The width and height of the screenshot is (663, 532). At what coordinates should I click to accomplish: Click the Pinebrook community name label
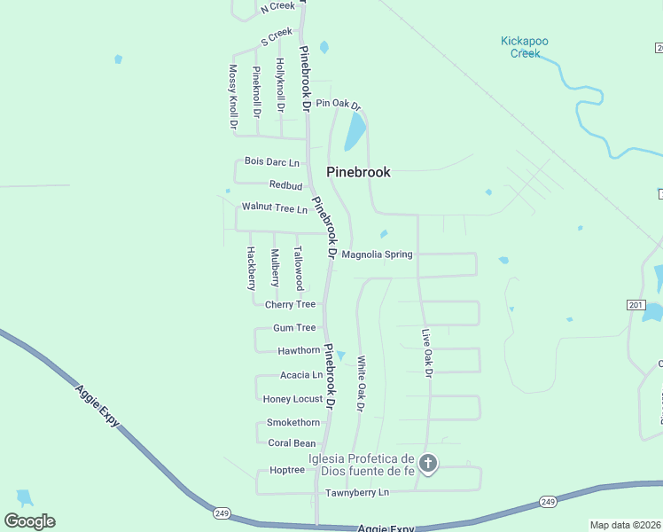358,172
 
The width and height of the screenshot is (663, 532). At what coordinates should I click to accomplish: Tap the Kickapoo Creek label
526,46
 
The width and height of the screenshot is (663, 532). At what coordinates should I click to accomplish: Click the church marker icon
428,463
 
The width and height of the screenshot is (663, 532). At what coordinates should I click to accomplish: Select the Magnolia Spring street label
377,254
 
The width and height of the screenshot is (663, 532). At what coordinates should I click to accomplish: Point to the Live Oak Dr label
426,353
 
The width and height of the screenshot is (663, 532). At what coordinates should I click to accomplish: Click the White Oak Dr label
361,384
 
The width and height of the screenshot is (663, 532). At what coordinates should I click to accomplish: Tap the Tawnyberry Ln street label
357,492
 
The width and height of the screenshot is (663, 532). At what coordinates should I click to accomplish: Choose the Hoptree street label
286,470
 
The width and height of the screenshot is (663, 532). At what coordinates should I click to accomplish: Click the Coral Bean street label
292,443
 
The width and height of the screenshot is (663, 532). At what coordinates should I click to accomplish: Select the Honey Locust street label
292,399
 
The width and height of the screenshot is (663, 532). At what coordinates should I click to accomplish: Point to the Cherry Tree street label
290,304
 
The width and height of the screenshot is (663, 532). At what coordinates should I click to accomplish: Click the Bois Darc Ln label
272,162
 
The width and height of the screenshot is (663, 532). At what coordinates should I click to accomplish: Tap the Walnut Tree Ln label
274,208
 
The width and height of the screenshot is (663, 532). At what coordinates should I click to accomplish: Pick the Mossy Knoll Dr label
233,97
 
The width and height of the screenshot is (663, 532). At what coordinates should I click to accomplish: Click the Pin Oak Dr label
339,104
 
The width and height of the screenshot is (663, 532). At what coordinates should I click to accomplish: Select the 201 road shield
635,305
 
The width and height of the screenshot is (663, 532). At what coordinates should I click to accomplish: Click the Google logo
29,521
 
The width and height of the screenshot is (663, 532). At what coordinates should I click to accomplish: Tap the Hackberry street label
251,268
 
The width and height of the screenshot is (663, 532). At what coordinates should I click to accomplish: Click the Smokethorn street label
293,422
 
